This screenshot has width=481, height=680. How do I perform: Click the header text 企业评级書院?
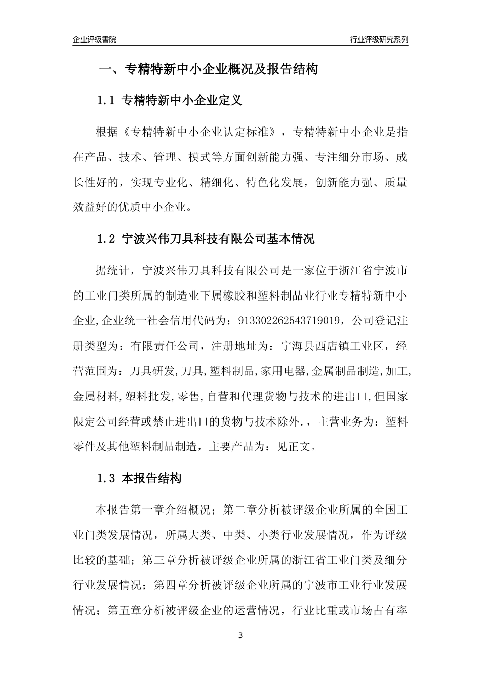[95, 39]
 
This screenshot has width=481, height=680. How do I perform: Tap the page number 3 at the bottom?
[240, 635]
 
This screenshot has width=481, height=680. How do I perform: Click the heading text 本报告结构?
[152, 478]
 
